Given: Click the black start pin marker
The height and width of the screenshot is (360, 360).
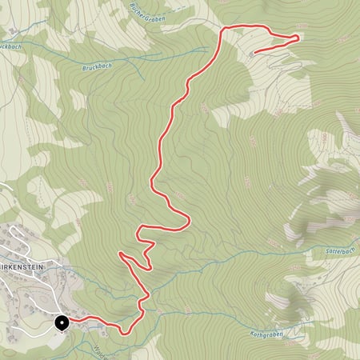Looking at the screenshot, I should (x=62, y=322).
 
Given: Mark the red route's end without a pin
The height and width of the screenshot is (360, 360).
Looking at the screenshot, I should (x=252, y=52).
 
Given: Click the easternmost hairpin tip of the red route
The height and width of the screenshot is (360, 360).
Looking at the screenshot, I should (x=299, y=36).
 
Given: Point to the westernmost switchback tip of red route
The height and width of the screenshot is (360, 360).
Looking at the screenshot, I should (x=120, y=254).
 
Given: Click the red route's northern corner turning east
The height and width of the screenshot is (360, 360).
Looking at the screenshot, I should (x=223, y=29).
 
